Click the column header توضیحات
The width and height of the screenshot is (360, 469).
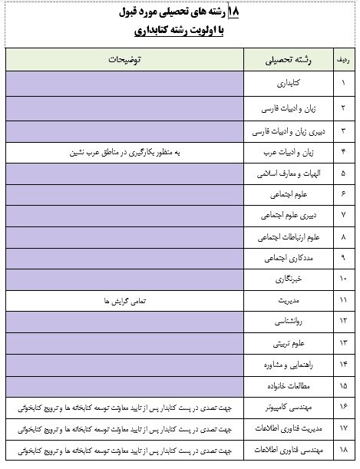(127, 59)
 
